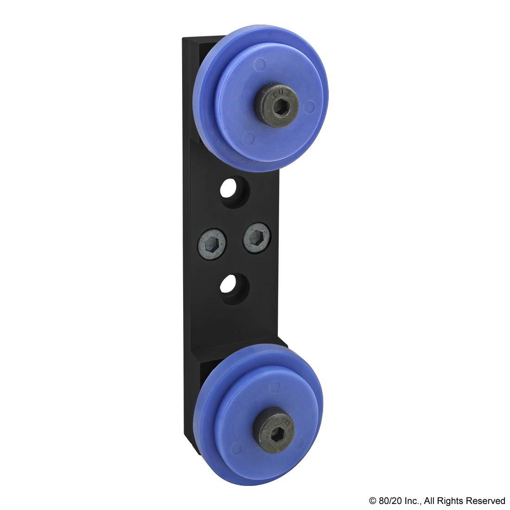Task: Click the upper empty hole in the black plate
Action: pyautogui.click(x=234, y=191)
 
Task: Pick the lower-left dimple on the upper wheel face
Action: pyautogui.click(x=249, y=137)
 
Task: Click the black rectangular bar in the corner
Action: pyautogui.click(x=436, y=501)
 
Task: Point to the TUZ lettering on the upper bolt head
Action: pyautogui.click(x=279, y=93)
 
